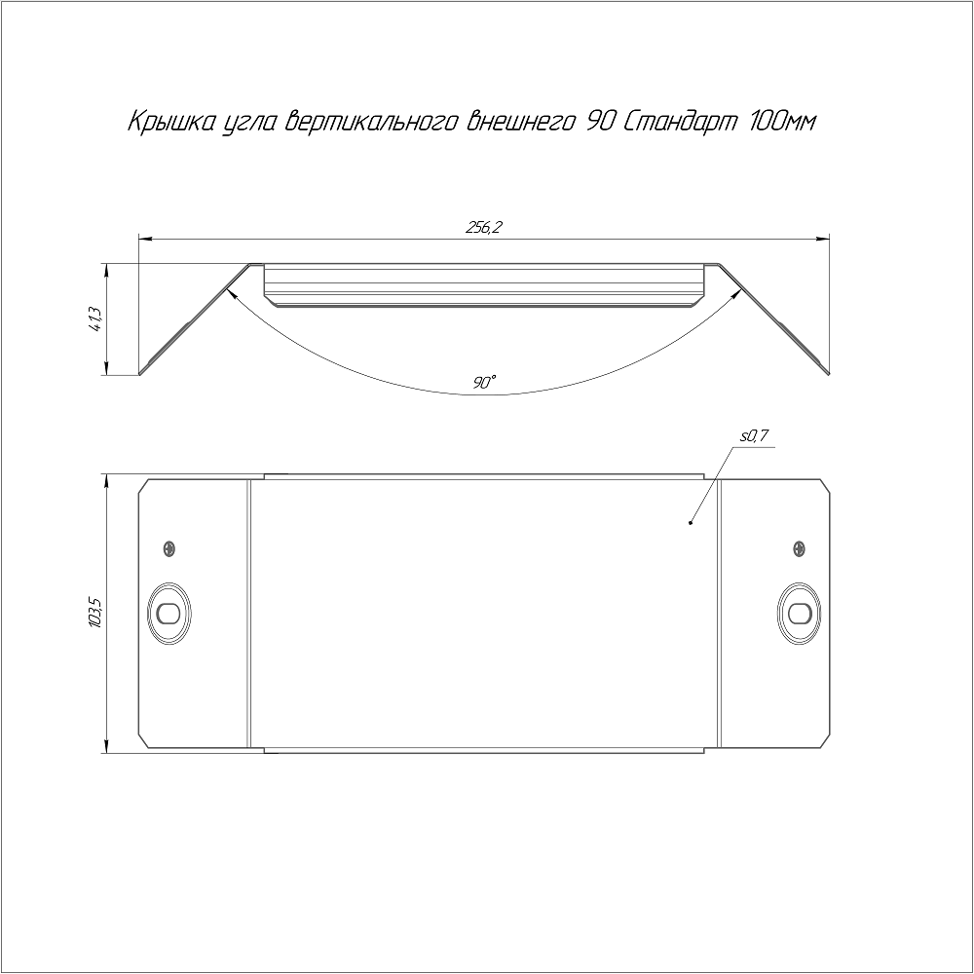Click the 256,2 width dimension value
[x=483, y=228]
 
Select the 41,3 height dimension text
[x=95, y=319]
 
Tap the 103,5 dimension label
[x=95, y=613]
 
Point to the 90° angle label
[x=484, y=383]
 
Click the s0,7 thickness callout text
[x=754, y=436]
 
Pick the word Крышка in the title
[x=169, y=123]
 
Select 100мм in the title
[x=782, y=123]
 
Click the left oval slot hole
[x=169, y=614]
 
